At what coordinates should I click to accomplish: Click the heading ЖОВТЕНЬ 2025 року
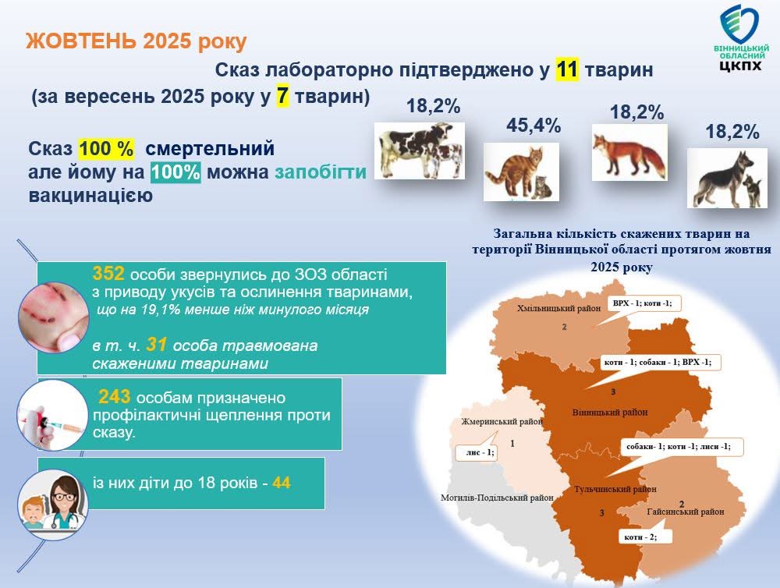(136, 41)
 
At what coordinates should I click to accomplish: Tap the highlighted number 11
(567, 70)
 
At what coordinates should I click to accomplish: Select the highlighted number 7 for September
(284, 97)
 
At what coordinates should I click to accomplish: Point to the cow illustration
(419, 150)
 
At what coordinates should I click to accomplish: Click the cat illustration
(516, 172)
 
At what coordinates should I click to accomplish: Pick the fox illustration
(628, 152)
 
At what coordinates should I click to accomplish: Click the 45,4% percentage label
(534, 126)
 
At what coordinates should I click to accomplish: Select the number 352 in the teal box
(109, 274)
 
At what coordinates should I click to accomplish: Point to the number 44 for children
(282, 483)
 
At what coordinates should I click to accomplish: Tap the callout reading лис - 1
(476, 452)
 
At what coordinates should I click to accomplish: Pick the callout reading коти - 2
(640, 537)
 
